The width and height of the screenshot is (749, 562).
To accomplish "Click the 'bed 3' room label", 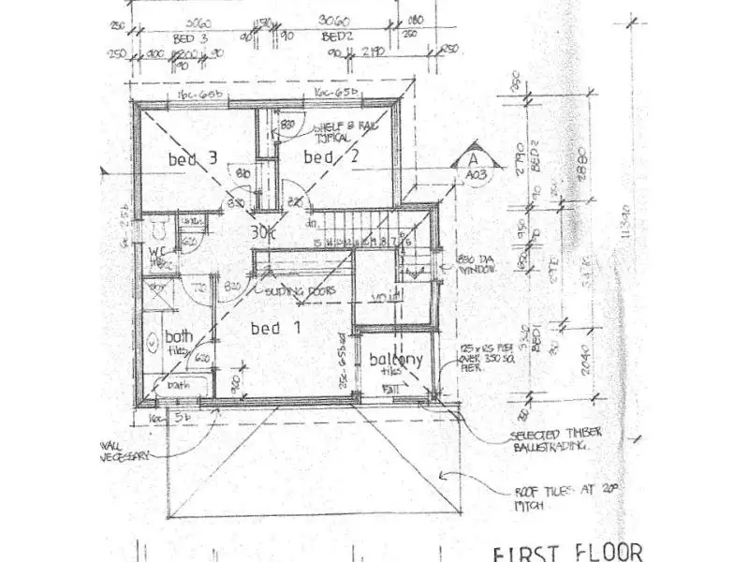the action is [x=193, y=159].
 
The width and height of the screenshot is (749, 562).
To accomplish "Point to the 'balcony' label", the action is [x=394, y=359].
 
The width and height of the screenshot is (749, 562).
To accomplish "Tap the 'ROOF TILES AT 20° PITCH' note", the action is [x=556, y=495].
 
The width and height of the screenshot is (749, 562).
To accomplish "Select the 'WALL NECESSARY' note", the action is [x=120, y=451].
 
